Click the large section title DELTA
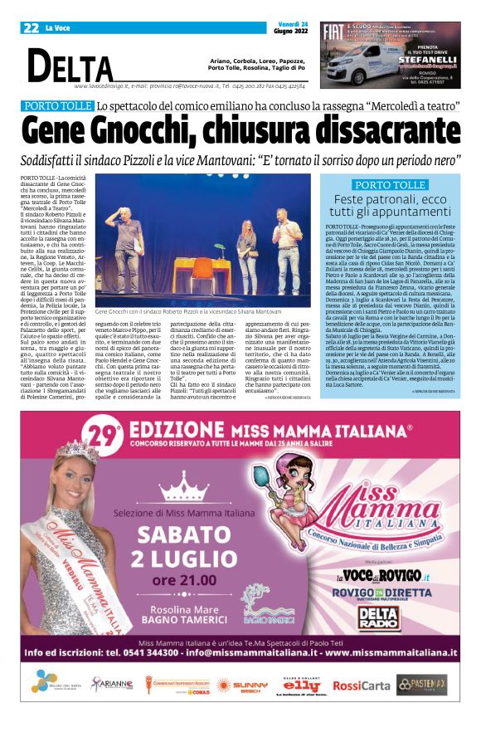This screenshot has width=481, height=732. coord(70,66)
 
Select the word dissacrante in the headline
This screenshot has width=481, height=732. coord(368,131)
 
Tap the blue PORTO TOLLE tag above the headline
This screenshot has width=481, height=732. coord(57,106)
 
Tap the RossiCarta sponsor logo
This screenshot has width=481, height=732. coord(361,685)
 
